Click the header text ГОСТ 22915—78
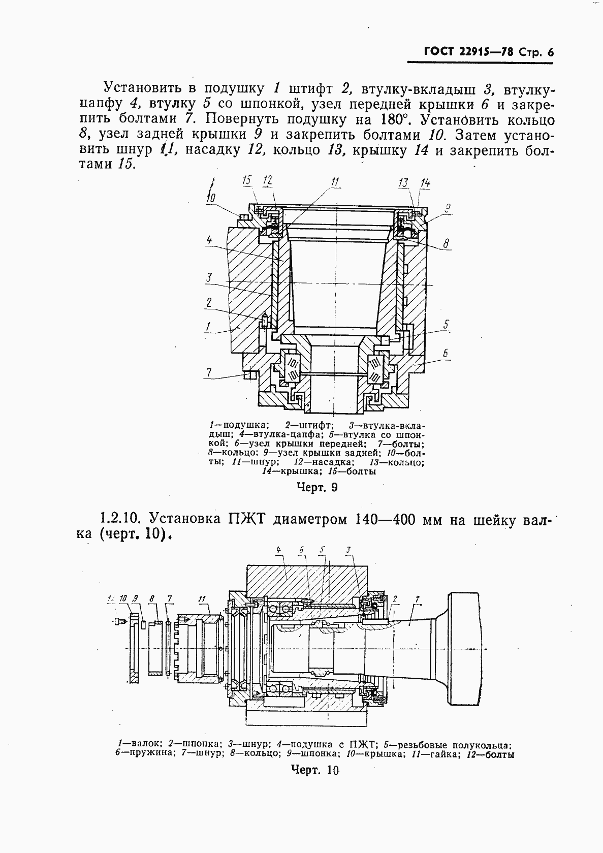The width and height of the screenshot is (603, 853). (x=467, y=52)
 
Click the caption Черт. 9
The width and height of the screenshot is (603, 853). (x=317, y=488)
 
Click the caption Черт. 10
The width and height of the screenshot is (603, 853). (x=315, y=770)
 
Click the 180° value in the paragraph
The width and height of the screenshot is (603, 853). (x=394, y=120)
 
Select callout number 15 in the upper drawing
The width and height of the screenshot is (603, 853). (x=247, y=181)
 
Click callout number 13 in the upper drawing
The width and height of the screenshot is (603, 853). (x=404, y=183)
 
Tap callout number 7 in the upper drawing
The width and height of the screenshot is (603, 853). (x=208, y=373)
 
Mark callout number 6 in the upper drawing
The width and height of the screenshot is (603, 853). (x=445, y=353)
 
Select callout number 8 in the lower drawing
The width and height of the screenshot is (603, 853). (x=152, y=599)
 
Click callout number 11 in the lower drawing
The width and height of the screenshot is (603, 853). (x=203, y=599)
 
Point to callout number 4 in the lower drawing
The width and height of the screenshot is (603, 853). (x=278, y=550)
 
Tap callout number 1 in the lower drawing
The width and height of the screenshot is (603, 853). (x=417, y=600)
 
